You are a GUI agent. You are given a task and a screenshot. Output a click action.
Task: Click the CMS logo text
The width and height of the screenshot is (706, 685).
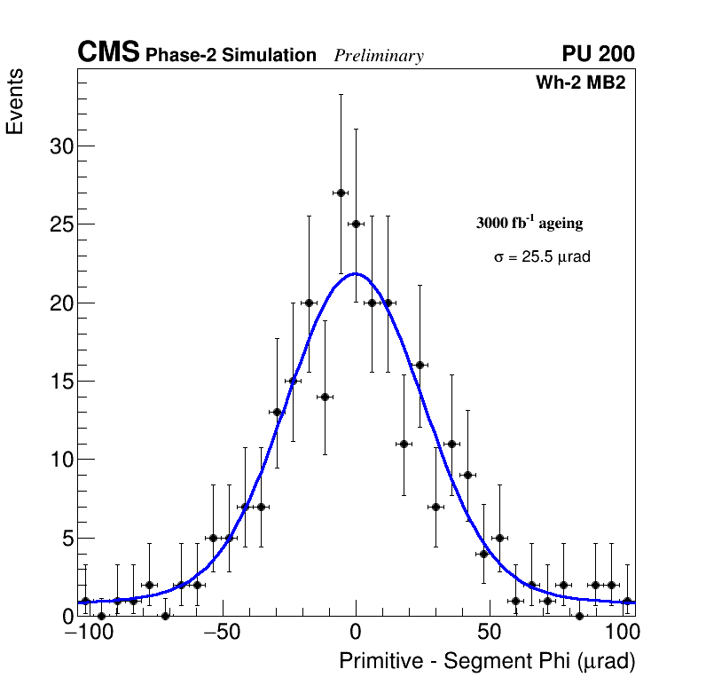[x=108, y=53]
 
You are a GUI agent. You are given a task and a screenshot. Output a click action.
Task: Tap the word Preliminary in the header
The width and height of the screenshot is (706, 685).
[x=379, y=56]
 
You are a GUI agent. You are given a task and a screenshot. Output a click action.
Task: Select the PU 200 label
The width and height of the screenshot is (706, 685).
[x=598, y=54]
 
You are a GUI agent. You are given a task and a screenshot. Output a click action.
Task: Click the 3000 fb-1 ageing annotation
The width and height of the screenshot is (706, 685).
[x=529, y=223]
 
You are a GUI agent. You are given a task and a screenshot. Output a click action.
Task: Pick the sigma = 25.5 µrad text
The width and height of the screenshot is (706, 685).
[x=542, y=257]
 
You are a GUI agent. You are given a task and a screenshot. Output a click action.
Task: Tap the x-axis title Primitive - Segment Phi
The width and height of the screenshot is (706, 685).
[x=487, y=661]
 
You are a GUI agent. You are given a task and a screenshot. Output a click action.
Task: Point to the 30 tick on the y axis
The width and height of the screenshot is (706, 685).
[x=61, y=146]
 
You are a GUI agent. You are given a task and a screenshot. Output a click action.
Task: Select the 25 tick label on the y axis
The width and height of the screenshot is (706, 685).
[x=61, y=224]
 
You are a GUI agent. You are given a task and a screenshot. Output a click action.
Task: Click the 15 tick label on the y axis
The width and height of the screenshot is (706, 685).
[x=61, y=382]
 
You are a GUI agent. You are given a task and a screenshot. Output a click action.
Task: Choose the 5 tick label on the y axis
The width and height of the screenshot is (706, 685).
[x=67, y=539]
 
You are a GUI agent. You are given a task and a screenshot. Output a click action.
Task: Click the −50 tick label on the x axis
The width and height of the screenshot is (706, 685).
[x=222, y=634]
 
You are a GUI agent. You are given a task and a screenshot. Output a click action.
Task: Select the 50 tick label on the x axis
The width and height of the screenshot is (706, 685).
[x=490, y=634]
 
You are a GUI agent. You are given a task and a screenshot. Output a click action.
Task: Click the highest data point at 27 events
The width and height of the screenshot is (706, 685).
[x=341, y=193]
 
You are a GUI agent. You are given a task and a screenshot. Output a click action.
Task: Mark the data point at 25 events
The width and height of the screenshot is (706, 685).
[x=357, y=224]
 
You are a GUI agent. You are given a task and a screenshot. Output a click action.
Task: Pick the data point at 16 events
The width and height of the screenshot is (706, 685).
[x=420, y=365]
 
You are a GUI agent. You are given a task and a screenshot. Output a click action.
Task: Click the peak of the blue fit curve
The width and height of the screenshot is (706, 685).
[x=356, y=273]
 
